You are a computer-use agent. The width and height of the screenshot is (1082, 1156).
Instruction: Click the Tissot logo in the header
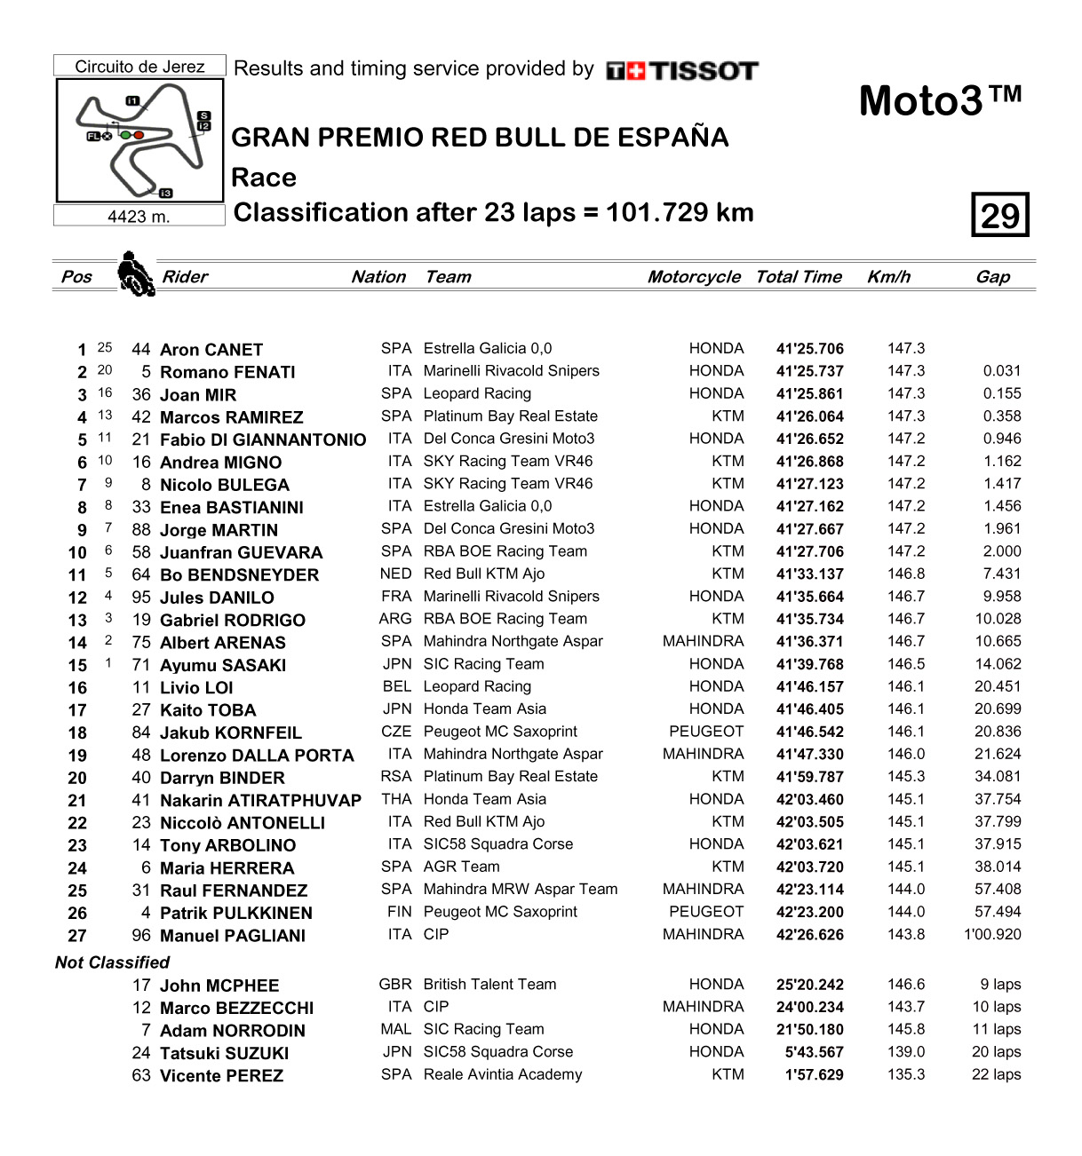[682, 71]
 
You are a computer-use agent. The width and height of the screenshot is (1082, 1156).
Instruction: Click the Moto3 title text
[940, 100]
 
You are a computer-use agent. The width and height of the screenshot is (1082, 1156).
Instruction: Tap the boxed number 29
[999, 215]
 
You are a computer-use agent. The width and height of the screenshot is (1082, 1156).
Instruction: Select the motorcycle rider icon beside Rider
[135, 273]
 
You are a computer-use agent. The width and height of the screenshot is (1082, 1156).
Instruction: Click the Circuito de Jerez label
[139, 67]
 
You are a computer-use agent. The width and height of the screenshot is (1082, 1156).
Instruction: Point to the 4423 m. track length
[139, 217]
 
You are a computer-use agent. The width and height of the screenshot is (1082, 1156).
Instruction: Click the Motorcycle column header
[693, 277]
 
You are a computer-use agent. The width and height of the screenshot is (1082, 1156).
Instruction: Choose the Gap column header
[992, 277]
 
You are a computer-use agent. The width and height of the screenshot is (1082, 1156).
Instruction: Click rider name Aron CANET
[211, 350]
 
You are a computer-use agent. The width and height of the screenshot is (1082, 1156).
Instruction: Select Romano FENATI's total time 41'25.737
[809, 372]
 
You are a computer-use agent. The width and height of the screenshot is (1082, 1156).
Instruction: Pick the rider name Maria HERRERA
[227, 868]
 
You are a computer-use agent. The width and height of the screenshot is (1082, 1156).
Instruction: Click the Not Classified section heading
[112, 962]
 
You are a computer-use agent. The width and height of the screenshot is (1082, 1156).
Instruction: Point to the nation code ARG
[395, 619]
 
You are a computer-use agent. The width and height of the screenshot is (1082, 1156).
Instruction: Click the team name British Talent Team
[489, 985]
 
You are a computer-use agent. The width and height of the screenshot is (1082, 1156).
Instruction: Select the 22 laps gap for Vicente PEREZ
[996, 1074]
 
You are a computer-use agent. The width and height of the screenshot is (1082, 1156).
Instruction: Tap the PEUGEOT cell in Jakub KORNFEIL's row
[706, 732]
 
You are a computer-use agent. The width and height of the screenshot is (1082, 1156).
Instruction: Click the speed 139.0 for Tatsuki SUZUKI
[905, 1052]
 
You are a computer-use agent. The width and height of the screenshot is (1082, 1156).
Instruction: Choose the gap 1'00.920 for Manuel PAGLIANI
[992, 935]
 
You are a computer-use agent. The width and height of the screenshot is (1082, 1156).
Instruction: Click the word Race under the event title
[264, 178]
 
